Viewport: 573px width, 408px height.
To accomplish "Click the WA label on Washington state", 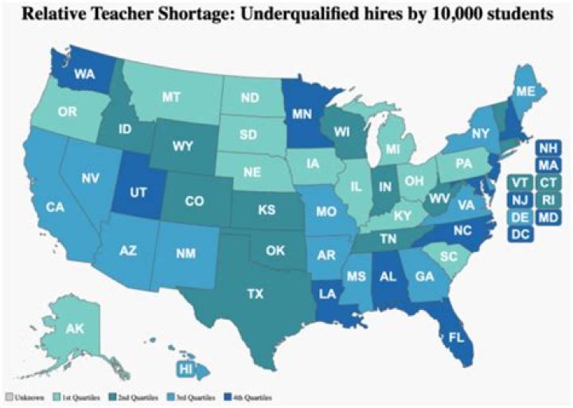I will [64, 75].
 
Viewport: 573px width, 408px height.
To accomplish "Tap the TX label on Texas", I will [254, 294].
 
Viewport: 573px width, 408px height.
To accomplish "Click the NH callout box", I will [547, 148].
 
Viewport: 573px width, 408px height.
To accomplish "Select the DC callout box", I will [521, 234].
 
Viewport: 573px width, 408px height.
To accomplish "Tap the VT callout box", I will [520, 182].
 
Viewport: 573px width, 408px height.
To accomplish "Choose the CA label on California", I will [55, 207].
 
